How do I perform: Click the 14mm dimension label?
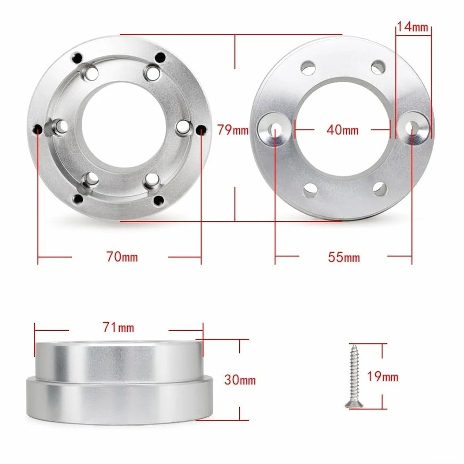412,26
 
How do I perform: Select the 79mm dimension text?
233,130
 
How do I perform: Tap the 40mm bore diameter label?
342,130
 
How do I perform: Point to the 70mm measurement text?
122,257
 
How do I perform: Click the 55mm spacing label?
344,257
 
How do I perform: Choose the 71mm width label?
119,327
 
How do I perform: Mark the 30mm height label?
240,380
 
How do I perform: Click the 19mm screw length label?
383,376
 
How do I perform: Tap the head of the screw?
354,404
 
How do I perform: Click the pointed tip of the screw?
353,345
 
